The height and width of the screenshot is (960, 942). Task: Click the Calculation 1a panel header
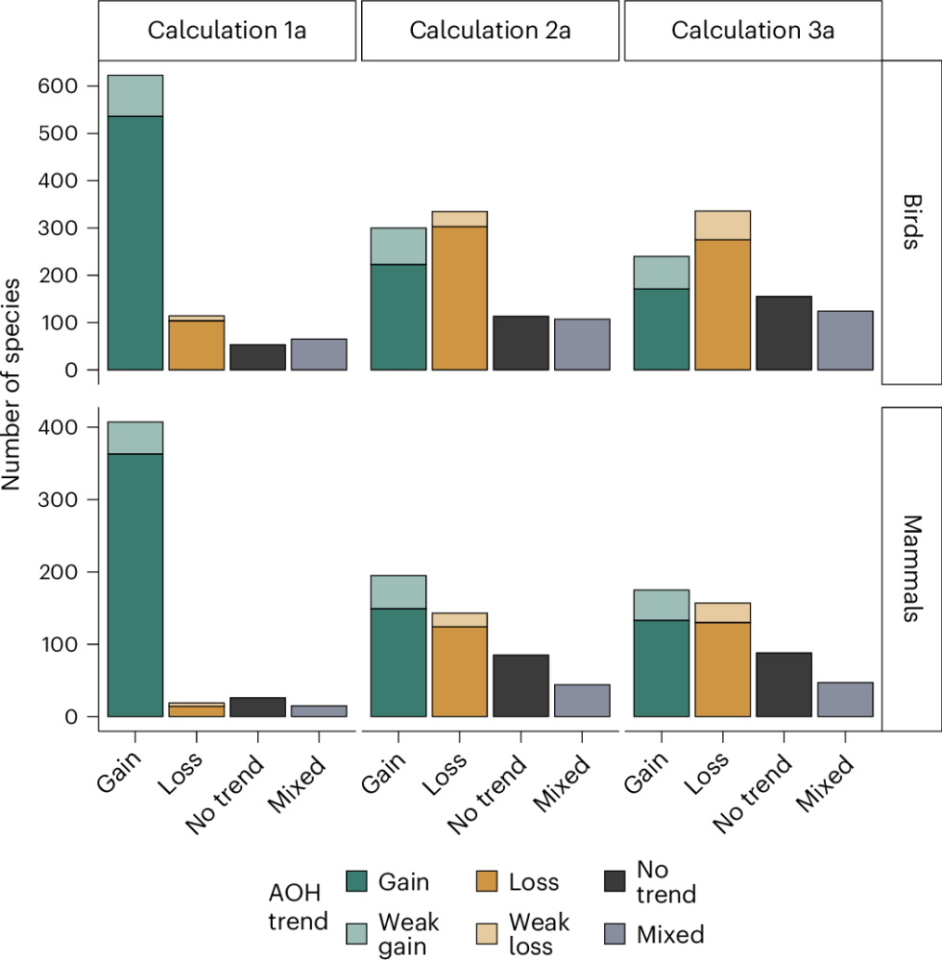point(228,30)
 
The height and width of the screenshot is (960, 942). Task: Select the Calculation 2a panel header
point(490,30)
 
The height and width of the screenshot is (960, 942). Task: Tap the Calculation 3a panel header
point(753,30)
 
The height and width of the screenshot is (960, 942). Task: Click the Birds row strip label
point(911,222)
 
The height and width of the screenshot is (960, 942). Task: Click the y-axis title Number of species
point(12,384)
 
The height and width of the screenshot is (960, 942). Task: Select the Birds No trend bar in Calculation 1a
point(257,357)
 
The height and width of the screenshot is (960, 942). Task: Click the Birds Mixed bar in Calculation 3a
point(844,341)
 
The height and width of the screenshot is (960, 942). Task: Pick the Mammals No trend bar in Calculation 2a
point(520,685)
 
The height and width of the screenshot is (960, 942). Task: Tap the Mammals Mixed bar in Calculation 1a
point(319,711)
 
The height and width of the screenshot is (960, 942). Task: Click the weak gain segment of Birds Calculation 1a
point(135,95)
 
